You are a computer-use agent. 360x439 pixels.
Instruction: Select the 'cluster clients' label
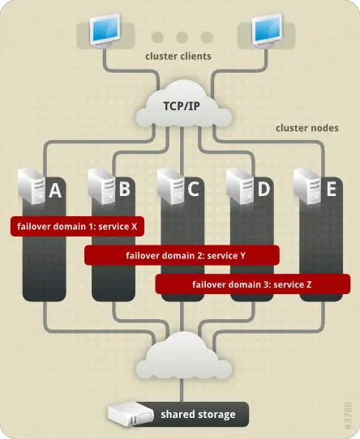179,57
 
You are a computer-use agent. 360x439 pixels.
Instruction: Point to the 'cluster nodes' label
307,129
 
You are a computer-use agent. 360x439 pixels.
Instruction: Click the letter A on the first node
56,191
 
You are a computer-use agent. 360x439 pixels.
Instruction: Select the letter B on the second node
124,190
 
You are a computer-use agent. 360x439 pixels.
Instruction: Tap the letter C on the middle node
193,191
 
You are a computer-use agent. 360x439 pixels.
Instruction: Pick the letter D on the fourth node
262,191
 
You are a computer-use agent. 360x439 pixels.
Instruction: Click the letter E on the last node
330,190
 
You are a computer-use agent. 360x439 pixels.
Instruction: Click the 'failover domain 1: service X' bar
77,227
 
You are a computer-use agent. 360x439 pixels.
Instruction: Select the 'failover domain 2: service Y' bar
182,256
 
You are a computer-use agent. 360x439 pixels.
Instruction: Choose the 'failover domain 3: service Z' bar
252,284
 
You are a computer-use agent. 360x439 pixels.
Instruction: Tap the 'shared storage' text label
197,415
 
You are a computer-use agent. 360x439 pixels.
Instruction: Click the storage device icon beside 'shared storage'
129,415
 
